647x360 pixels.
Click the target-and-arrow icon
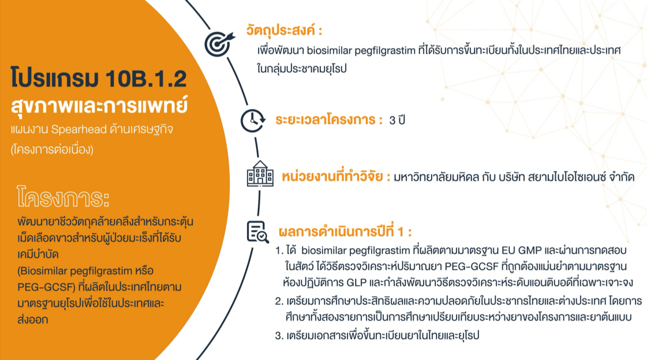219,44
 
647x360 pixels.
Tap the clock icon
253,121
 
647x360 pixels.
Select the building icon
260,174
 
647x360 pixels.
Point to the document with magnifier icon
257,232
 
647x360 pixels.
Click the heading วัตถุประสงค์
284,30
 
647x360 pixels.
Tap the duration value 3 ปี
397,120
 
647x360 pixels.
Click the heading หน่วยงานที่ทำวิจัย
336,177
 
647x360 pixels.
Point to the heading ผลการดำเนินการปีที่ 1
345,232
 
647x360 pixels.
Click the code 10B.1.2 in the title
146,79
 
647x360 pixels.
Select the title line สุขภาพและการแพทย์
99,105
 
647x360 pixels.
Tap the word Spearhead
79,129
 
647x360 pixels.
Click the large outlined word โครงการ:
63,197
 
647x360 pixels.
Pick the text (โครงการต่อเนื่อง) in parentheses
52,149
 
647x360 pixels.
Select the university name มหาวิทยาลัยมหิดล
436,177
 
